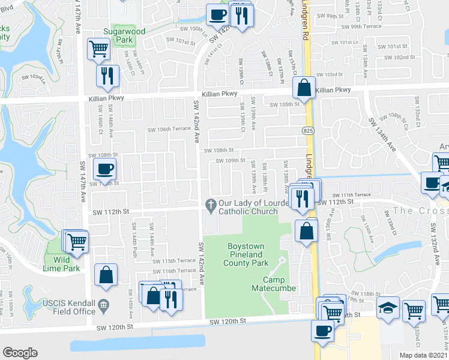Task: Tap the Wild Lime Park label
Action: pos(66,264)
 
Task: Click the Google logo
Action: pos(20,353)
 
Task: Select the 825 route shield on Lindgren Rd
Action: pos(308,130)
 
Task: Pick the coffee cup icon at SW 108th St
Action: pos(104,169)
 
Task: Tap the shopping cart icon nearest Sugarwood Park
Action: pos(98,49)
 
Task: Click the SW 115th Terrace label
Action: pos(170,261)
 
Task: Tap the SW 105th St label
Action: pos(284,104)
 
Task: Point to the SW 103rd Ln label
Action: pos(34,78)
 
